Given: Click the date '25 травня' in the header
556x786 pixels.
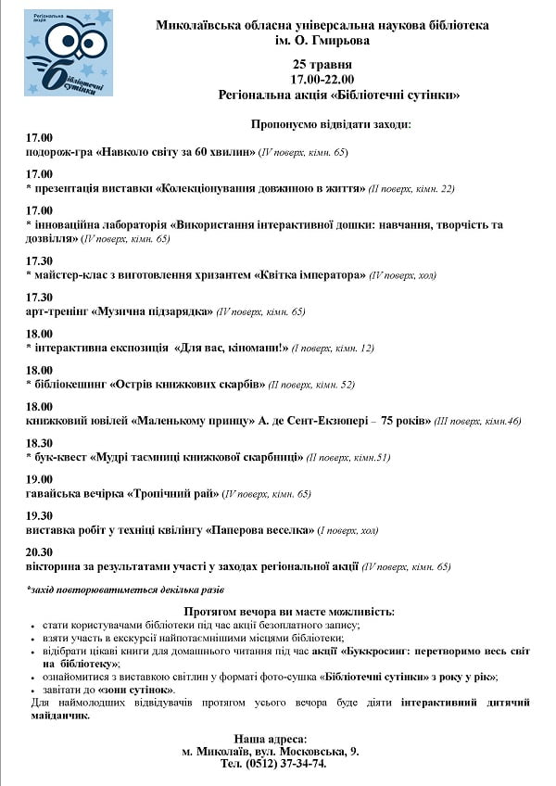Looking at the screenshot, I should point(322,64).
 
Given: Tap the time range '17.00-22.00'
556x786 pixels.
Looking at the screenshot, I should point(322,80).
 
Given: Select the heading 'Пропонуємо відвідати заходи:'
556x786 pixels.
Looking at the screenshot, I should point(331,123).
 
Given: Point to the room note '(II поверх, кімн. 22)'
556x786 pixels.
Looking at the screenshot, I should point(411,188).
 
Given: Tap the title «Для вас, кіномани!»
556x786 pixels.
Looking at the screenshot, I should point(235,348).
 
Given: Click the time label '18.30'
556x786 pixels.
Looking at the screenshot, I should point(40,443).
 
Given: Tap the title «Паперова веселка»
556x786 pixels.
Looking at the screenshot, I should point(259,530).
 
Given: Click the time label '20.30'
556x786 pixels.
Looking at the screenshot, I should point(40,552).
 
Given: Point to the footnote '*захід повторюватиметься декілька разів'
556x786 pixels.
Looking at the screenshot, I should point(125,589).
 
